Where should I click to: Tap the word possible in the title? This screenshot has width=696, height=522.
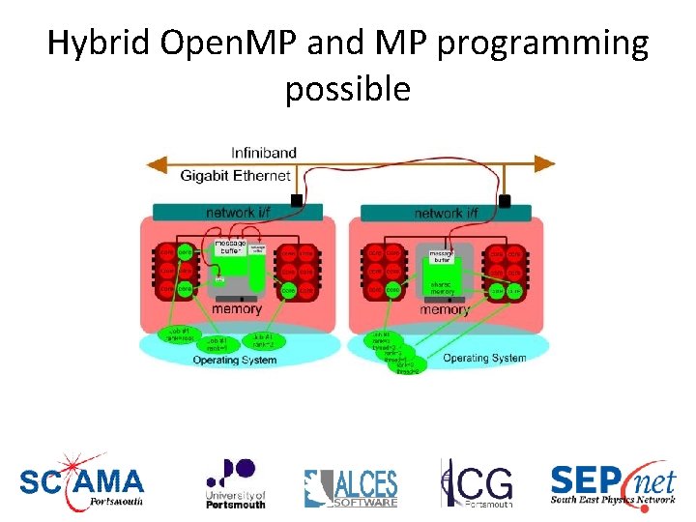point(348,89)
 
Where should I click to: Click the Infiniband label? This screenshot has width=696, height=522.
point(264,153)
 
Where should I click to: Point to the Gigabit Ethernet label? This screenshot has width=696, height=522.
point(235,175)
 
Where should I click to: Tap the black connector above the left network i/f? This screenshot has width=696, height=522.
point(297,201)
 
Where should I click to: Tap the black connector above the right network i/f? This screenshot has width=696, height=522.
point(504,201)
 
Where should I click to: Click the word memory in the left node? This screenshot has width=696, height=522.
point(237,308)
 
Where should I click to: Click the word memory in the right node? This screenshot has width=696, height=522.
point(444,310)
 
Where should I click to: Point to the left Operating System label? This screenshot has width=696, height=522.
point(235,361)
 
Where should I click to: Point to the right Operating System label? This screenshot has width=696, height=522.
point(484,358)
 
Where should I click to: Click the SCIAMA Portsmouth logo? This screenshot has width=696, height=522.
point(82,481)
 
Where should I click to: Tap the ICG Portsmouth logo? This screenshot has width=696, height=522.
point(478,483)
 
